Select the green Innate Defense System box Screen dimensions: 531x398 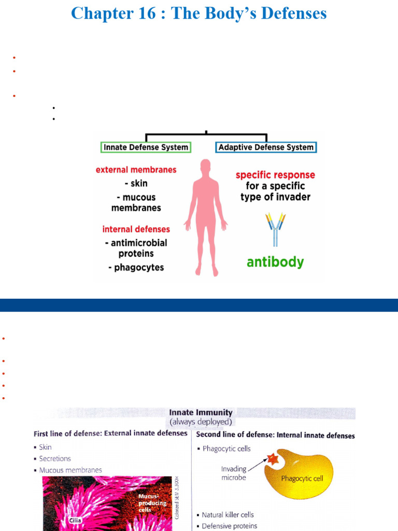click(146, 147)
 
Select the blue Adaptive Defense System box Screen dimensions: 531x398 click(266, 147)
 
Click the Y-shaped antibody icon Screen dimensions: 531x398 click(275, 229)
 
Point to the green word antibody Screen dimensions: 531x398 click(275, 262)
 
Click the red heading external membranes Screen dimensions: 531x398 click(136, 170)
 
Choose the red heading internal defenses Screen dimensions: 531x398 click(136, 229)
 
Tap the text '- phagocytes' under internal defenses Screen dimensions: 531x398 click(136, 268)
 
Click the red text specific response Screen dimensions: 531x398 click(275, 175)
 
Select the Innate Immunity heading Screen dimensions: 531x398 click(201, 413)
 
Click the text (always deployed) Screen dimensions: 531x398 click(201, 422)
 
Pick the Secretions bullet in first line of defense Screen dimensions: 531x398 click(55, 458)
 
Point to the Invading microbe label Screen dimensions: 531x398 click(233, 473)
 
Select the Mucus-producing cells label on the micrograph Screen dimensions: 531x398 click(152, 503)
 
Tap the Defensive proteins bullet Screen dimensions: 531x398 click(230, 526)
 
